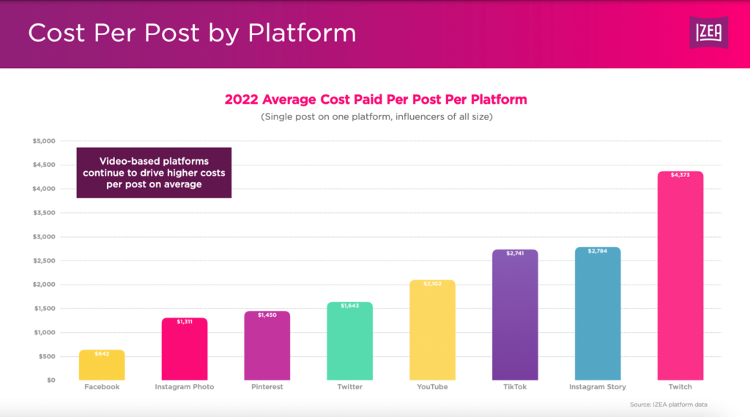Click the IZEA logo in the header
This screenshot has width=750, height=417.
[x=708, y=33]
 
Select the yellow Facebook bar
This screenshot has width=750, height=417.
[x=102, y=365]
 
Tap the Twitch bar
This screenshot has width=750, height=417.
[x=680, y=278]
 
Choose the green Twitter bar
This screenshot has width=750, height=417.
[x=349, y=342]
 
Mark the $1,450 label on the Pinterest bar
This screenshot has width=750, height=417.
[x=267, y=315]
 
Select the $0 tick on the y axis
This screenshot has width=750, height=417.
[x=50, y=380]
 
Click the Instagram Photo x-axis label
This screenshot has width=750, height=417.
[x=185, y=387]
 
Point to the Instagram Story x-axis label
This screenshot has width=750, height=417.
[x=597, y=387]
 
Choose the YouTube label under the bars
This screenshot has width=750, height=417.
[x=432, y=387]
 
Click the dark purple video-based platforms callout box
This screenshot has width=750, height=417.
[x=154, y=173]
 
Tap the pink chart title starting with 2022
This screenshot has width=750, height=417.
[x=375, y=99]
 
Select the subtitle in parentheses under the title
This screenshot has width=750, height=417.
[x=375, y=117]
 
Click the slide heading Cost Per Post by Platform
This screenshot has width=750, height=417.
[x=192, y=33]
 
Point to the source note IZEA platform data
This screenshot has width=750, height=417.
[x=668, y=405]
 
